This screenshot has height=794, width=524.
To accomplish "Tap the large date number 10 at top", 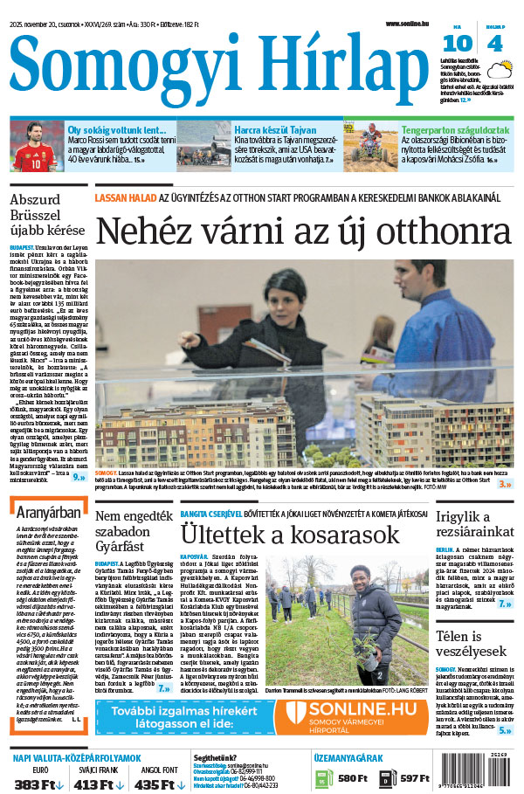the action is click(462, 44).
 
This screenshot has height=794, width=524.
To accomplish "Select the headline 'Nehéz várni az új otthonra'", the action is click(302, 231).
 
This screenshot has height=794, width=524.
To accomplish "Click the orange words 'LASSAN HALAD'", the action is click(124, 197).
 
